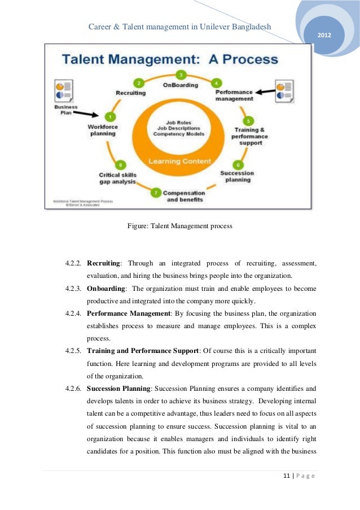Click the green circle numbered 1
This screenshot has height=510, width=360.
click(x=111, y=117)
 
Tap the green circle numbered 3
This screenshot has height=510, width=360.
click(x=181, y=75)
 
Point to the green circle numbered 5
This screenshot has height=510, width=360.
click(x=249, y=121)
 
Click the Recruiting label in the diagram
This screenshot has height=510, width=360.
click(x=130, y=93)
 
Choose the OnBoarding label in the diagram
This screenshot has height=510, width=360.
click(x=181, y=85)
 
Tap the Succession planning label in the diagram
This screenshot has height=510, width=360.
click(x=237, y=177)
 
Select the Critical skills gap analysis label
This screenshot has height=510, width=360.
click(x=117, y=178)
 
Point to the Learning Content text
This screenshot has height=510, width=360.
click(x=180, y=161)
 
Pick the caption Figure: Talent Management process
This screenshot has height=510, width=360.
click(x=179, y=226)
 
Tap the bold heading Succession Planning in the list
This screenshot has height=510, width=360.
click(x=118, y=389)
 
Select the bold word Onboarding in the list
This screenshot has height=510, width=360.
click(x=106, y=288)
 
